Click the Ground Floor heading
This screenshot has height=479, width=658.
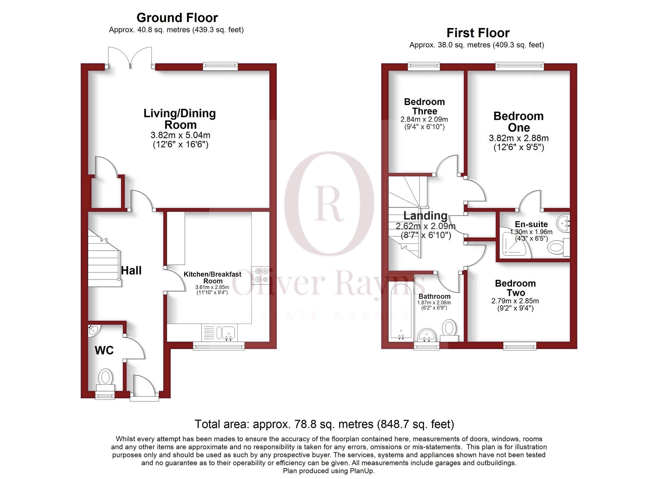pyautogui.click(x=177, y=18)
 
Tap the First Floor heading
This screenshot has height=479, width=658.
pyautogui.click(x=478, y=33)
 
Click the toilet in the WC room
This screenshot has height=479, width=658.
pyautogui.click(x=106, y=378)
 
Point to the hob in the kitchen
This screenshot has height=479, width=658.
pyautogui.click(x=261, y=275)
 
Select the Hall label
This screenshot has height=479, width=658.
pyautogui.click(x=131, y=271)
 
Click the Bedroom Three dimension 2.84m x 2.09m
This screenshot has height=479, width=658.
pyautogui.click(x=424, y=120)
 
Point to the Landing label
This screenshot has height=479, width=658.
pyautogui.click(x=425, y=216)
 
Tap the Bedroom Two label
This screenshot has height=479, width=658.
pyautogui.click(x=515, y=288)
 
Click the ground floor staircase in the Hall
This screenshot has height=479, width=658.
pyautogui.click(x=103, y=260)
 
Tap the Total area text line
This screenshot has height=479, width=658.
pyautogui.click(x=324, y=424)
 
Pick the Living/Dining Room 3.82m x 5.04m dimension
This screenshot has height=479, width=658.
pyautogui.click(x=180, y=135)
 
